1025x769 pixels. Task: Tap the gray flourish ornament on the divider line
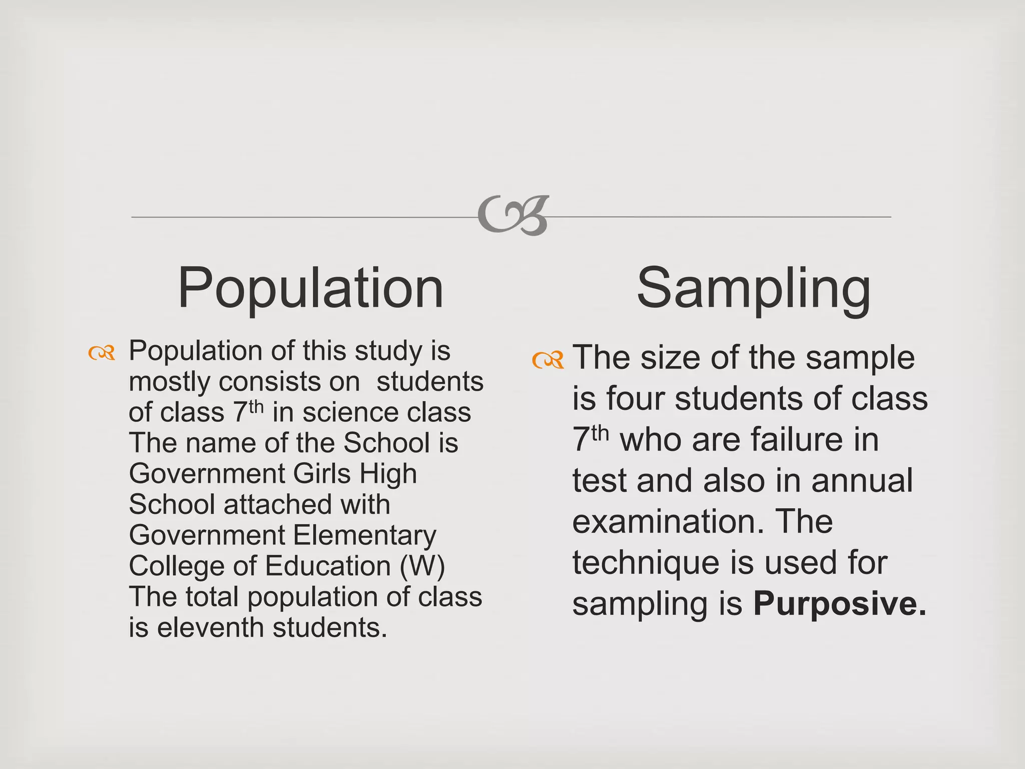514,216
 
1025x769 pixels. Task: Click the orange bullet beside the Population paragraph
102,353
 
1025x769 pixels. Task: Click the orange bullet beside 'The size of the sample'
548,359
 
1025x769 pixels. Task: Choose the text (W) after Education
422,566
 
